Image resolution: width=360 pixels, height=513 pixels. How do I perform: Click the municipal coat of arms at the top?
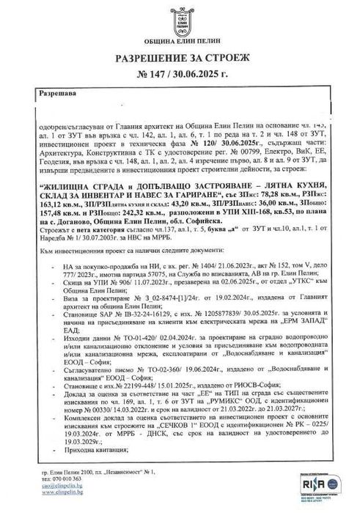pyautogui.click(x=179, y=20)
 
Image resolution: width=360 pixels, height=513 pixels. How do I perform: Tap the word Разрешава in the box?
pyautogui.click(x=40, y=95)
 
